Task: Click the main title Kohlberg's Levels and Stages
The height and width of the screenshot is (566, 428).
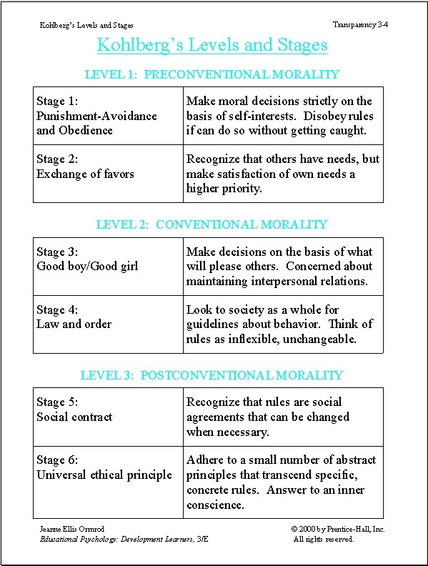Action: pos(212,45)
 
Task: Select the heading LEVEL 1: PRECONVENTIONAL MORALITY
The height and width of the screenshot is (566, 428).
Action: pos(211,74)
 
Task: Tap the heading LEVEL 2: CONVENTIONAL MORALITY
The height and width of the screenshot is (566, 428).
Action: pos(211,224)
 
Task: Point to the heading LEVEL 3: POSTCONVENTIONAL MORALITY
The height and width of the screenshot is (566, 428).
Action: pos(211,375)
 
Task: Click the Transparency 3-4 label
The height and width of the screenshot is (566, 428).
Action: pos(360,25)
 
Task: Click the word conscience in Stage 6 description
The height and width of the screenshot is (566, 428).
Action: pos(215,505)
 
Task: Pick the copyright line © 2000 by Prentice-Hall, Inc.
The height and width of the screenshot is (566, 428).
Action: pos(338,528)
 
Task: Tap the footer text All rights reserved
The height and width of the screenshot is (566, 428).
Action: pos(324,539)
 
